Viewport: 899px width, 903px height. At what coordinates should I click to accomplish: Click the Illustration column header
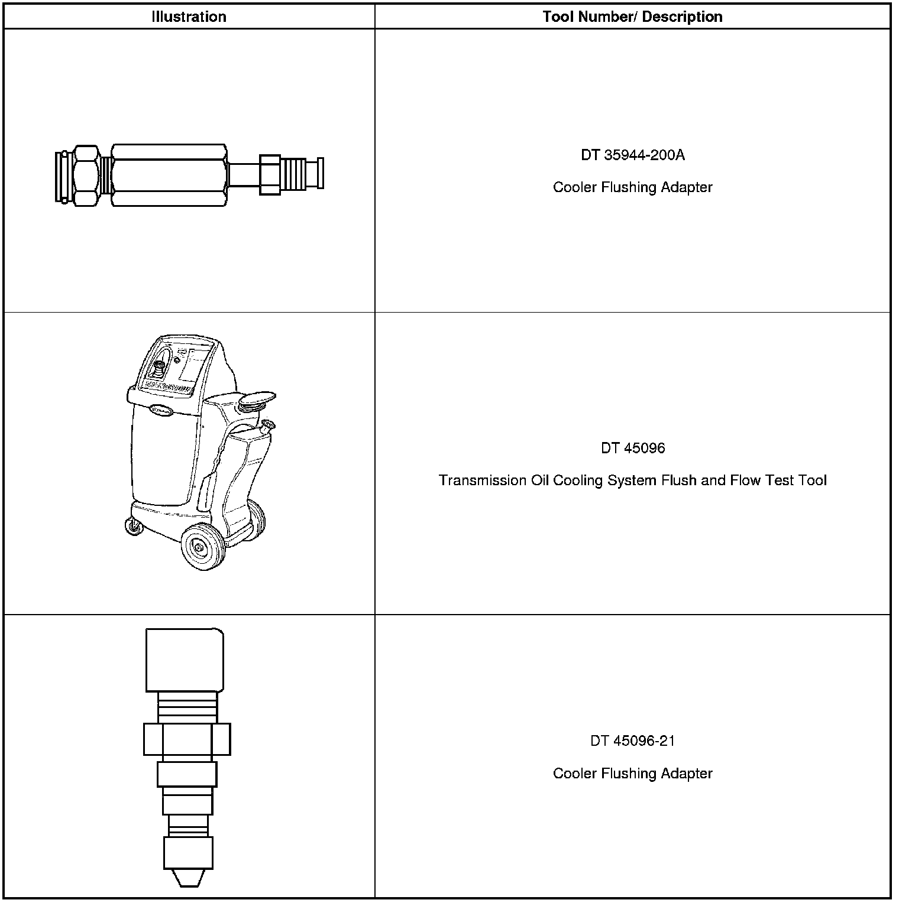point(189,17)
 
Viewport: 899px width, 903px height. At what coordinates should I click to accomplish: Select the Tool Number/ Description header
point(632,17)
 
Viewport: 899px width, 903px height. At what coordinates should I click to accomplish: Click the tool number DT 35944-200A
point(632,155)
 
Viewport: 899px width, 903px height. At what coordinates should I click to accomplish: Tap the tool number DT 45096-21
point(632,740)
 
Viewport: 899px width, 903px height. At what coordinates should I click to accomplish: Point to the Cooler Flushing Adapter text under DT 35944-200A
point(632,187)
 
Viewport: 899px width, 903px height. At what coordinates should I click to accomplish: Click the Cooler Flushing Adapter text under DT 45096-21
point(632,773)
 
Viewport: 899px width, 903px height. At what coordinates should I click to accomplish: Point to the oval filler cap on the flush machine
point(256,401)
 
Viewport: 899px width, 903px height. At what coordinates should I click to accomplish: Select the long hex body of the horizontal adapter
point(169,175)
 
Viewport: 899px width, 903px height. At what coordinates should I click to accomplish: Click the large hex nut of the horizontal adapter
point(86,175)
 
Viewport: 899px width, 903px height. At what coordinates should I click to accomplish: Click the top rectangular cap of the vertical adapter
point(185,660)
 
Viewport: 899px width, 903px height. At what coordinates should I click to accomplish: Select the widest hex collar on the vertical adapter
point(187,739)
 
